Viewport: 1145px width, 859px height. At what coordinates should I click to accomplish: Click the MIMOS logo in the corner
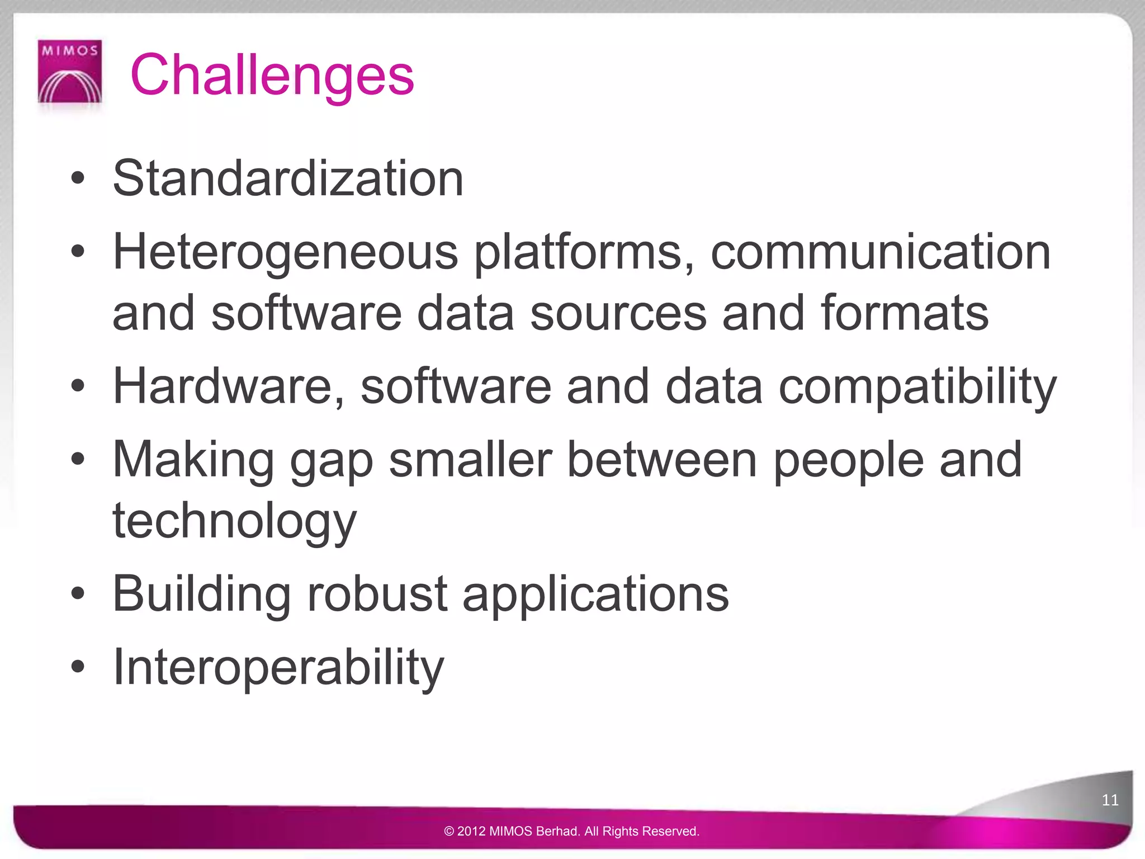pos(70,72)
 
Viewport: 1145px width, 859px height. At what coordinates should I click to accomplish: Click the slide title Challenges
pos(272,75)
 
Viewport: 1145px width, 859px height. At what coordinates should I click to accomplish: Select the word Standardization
pos(288,178)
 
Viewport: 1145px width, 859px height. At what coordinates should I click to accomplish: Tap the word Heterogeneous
pos(285,252)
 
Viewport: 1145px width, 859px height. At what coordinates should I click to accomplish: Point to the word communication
pos(880,252)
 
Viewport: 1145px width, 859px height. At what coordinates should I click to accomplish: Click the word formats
pos(905,313)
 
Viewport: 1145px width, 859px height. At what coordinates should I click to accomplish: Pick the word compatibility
pos(917,387)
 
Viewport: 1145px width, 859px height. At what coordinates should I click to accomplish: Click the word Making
pos(193,460)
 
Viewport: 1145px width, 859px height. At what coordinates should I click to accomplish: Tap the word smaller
pos(470,460)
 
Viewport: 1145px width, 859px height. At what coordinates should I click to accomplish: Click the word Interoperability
pos(278,667)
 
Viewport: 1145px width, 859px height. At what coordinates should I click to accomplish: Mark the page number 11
pos(1110,800)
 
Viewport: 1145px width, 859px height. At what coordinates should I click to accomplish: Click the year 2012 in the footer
pos(472,832)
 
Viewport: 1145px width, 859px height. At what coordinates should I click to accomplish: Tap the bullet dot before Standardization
pos(78,180)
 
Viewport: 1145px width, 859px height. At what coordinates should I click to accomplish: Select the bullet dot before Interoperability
pos(78,667)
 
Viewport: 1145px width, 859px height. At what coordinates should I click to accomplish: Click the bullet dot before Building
pos(78,593)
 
